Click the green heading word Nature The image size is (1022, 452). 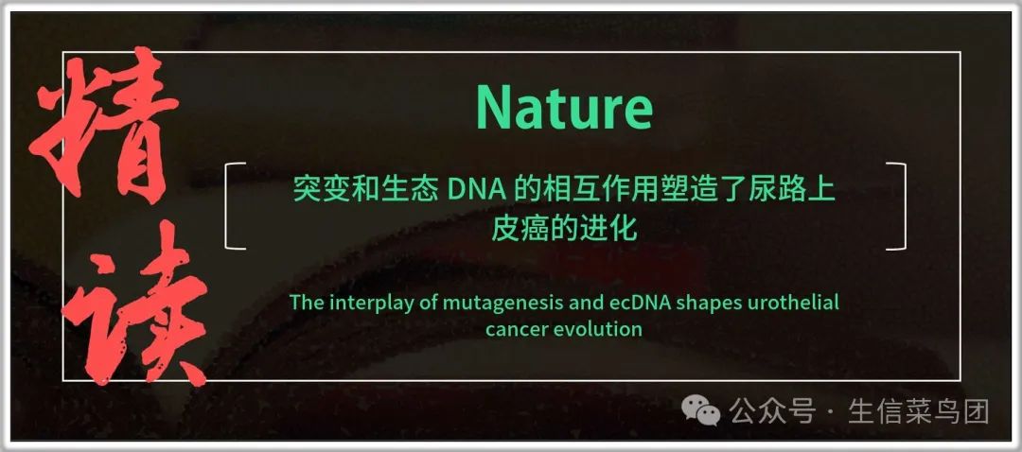[x=564, y=108]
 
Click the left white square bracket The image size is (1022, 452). [x=234, y=206]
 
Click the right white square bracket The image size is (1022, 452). [x=896, y=206]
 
